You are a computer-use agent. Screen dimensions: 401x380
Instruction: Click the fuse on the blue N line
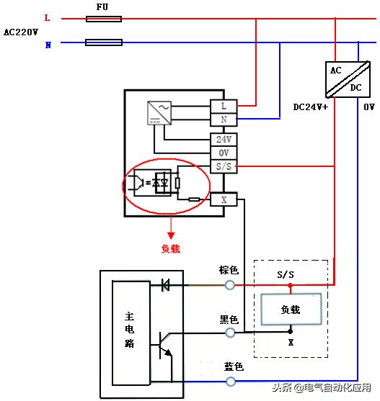104,43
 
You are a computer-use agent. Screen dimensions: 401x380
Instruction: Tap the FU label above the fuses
103,6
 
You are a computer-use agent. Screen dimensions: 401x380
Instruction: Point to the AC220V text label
20,32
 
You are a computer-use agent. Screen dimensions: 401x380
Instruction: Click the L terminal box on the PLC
224,106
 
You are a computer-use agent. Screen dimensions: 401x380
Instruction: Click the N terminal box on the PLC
224,119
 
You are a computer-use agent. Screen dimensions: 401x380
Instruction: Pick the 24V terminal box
224,140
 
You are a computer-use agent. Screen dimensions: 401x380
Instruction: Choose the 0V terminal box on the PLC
224,153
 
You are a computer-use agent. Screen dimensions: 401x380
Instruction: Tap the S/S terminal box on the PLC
224,166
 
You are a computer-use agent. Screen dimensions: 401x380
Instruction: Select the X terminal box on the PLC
224,199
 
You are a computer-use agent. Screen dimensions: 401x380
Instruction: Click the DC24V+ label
310,107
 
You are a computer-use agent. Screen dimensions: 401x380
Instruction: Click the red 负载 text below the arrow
171,249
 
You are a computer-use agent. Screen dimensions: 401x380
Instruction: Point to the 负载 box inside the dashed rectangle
290,310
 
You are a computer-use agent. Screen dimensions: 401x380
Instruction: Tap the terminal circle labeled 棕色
230,285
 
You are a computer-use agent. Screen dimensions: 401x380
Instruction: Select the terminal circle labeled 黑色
230,333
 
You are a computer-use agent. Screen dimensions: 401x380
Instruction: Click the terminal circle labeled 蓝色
230,380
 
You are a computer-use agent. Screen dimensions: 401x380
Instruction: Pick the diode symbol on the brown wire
164,286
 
